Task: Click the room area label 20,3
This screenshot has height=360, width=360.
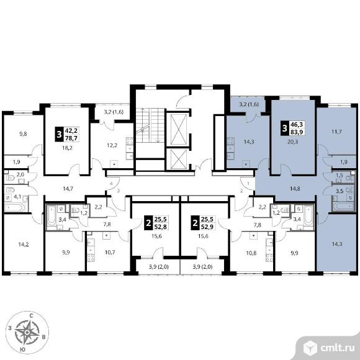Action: point(292,142)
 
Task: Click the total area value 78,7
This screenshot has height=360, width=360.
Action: point(71,138)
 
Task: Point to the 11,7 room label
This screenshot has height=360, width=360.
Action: point(336,132)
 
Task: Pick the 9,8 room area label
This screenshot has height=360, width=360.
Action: point(23,133)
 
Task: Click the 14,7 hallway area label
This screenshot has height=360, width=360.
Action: point(68,189)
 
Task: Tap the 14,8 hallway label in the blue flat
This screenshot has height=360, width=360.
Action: point(295,189)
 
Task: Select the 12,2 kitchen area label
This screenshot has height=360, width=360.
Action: point(112,145)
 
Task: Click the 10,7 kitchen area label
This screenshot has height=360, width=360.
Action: point(110,253)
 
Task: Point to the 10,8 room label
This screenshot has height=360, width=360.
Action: point(251,253)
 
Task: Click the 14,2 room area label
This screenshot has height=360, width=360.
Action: point(24,245)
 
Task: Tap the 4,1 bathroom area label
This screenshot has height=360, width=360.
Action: point(17,197)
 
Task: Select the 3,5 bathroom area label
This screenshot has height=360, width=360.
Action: point(340,191)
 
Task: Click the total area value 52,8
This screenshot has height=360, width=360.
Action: point(161,227)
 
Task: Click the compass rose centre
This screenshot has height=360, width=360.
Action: point(27,332)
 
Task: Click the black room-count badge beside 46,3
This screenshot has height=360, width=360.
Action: point(285,128)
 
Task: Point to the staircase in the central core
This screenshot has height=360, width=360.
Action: point(150,125)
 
